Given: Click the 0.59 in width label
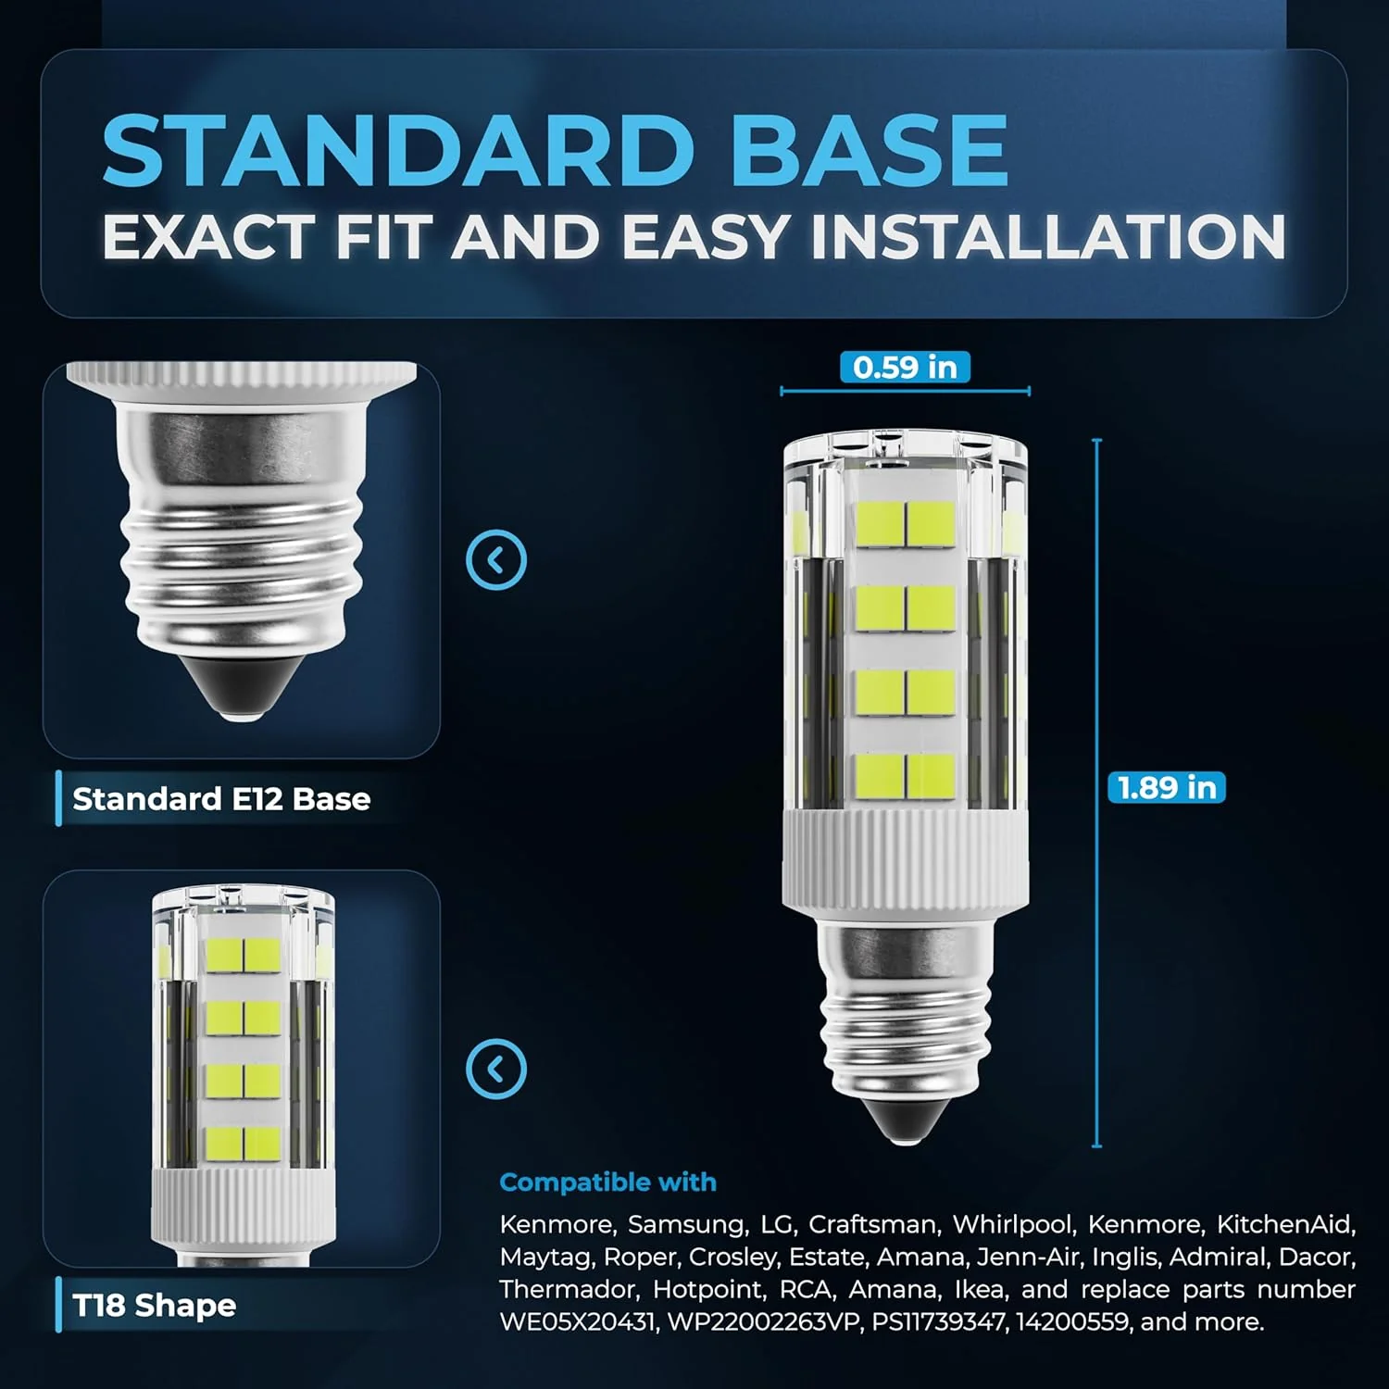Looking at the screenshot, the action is click(x=905, y=368).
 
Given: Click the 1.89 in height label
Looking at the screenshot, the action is click(x=1167, y=787).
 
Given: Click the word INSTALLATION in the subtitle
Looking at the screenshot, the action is click(x=1048, y=237).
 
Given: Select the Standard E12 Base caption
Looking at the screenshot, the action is click(x=221, y=798).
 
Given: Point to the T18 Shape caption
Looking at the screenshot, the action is click(x=155, y=1305).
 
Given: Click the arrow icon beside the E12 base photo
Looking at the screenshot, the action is click(x=496, y=559).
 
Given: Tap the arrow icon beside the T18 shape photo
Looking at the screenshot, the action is click(x=496, y=1069).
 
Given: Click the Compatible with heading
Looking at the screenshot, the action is click(x=607, y=1182).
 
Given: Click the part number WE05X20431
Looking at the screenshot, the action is click(x=577, y=1321).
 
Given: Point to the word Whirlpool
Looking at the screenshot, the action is click(x=1013, y=1225).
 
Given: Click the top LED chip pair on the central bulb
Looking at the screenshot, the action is click(x=906, y=524).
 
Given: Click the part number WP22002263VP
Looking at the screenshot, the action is click(x=763, y=1321).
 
